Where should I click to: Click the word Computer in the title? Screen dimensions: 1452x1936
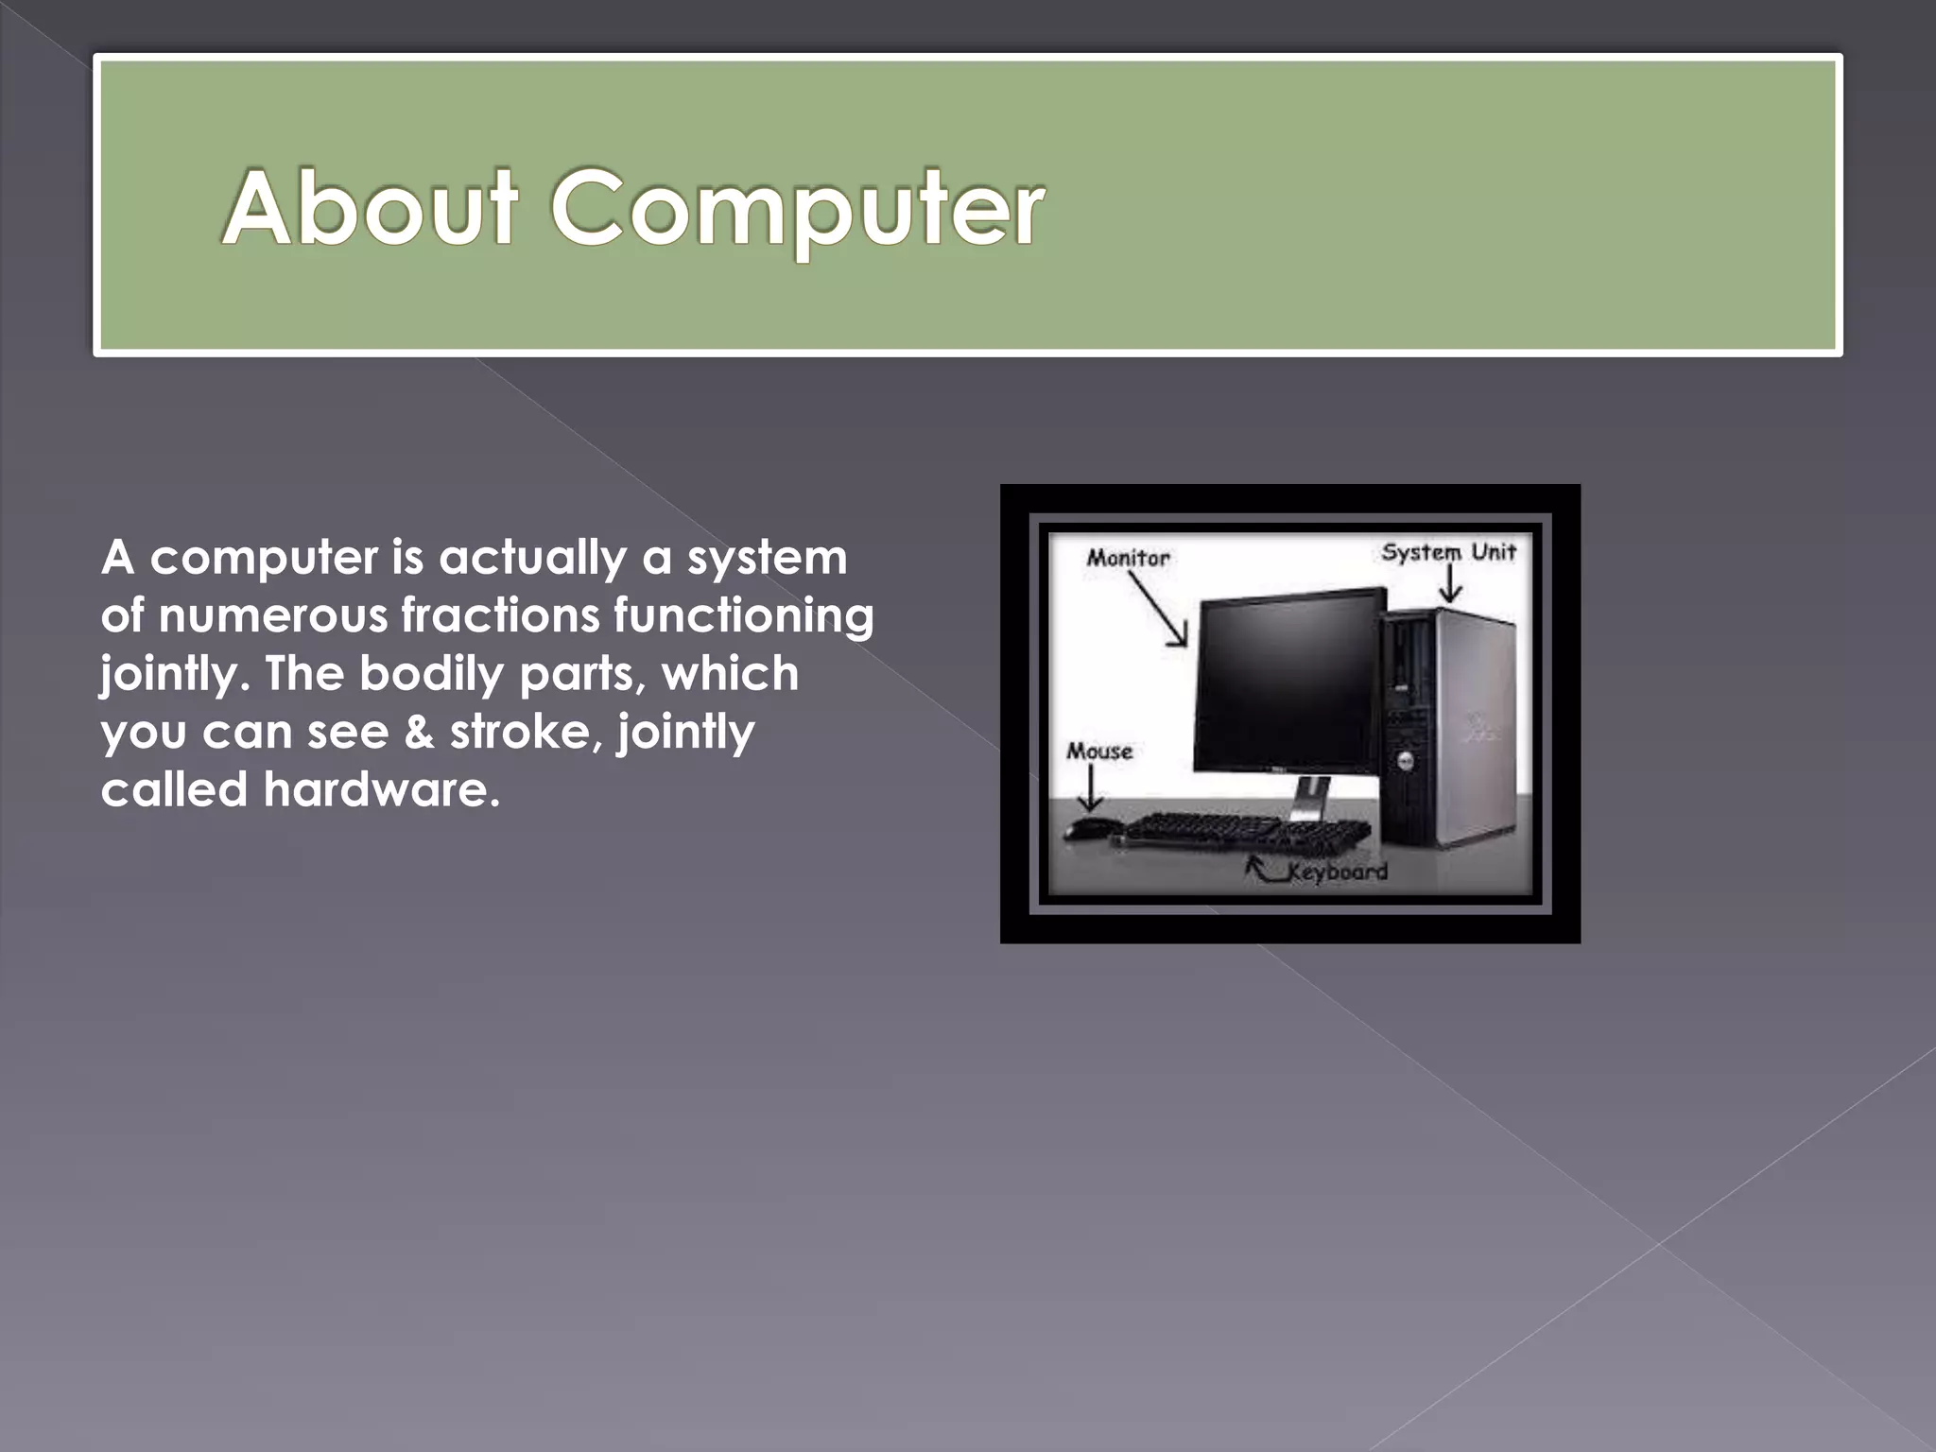point(797,209)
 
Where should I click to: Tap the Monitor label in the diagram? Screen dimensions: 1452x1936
point(1128,558)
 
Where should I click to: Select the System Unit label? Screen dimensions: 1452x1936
point(1448,552)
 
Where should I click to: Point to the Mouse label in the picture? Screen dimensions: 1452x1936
point(1099,752)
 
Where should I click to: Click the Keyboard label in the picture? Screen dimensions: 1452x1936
point(1337,872)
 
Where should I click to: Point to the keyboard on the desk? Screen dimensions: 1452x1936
point(1248,831)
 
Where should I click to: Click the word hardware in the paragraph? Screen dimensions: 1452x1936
point(381,789)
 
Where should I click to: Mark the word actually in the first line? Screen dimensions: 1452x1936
point(532,558)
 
